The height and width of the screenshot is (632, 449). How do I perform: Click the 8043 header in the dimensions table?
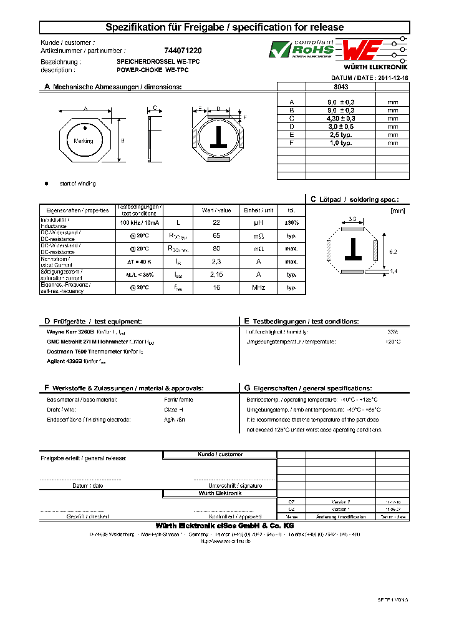click(x=341, y=87)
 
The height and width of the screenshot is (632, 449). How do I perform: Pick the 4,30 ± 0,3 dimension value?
click(x=341, y=118)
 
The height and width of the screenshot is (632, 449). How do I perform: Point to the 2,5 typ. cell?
click(x=341, y=134)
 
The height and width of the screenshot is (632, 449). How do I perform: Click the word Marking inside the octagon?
click(x=84, y=141)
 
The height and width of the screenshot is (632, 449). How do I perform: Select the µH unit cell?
click(x=258, y=222)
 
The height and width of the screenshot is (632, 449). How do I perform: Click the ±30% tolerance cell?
click(x=291, y=222)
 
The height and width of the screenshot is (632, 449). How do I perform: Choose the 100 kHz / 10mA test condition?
click(x=140, y=222)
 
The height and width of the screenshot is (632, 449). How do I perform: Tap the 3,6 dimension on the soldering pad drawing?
click(x=352, y=219)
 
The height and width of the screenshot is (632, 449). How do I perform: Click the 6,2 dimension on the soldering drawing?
click(x=393, y=250)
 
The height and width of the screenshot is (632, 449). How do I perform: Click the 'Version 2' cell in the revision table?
click(x=340, y=501)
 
